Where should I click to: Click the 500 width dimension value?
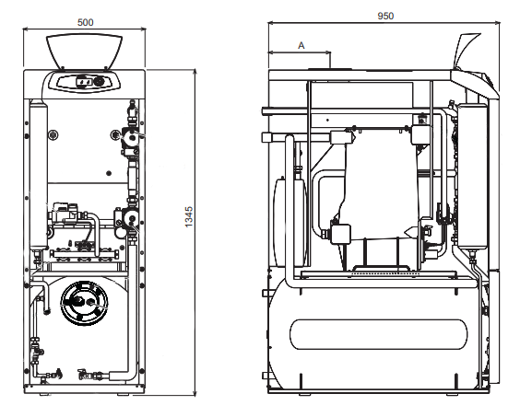(85, 22)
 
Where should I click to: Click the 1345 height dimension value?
(189, 216)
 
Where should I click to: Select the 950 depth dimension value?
(385, 16)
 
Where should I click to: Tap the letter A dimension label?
(301, 45)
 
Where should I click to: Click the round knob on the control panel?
(98, 81)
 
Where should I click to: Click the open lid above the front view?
(84, 51)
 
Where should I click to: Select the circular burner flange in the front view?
(84, 303)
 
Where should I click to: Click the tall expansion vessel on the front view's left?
(39, 176)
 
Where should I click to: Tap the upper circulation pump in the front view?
(130, 136)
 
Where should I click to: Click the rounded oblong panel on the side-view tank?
(378, 334)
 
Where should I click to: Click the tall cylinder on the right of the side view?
(472, 176)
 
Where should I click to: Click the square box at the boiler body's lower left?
(340, 234)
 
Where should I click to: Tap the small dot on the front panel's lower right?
(109, 173)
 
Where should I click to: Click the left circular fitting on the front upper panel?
(53, 134)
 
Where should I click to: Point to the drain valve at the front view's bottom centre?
(83, 375)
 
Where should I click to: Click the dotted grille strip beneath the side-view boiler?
(384, 274)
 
